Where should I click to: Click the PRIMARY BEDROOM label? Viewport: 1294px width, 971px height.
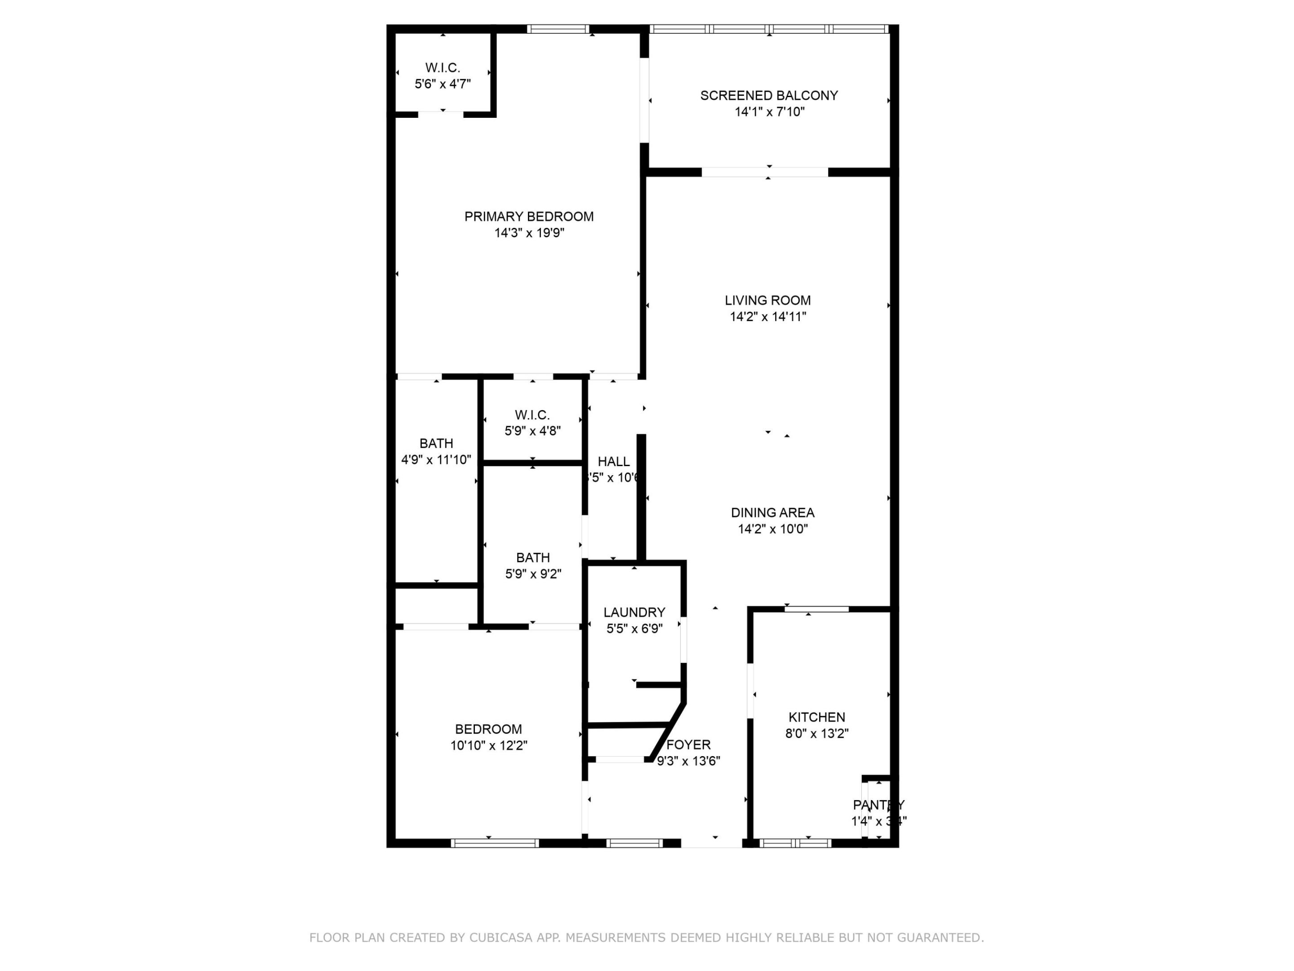click(528, 217)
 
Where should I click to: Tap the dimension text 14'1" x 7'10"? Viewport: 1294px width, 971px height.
click(769, 112)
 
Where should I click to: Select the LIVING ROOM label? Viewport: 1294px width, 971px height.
click(767, 300)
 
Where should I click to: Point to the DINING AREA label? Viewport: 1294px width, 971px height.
click(772, 513)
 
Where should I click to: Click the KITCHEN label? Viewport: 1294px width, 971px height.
click(817, 717)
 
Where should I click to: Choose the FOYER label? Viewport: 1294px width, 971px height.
click(688, 745)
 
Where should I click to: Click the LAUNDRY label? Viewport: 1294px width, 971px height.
click(634, 612)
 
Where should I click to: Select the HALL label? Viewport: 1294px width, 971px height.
click(614, 462)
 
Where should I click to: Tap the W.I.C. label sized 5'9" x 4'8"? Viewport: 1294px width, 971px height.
click(532, 415)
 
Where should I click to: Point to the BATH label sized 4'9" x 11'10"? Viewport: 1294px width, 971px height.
click(436, 444)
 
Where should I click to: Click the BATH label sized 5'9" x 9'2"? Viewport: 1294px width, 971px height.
click(532, 558)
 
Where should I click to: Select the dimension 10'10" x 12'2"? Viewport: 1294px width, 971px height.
click(488, 746)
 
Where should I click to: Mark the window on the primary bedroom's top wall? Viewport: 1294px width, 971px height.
click(558, 29)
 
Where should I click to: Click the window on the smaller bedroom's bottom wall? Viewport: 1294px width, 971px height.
click(494, 843)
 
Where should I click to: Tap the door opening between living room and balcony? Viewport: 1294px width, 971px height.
click(765, 172)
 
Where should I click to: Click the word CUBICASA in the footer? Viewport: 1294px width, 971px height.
click(501, 938)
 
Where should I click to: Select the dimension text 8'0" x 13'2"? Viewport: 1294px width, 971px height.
click(817, 733)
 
